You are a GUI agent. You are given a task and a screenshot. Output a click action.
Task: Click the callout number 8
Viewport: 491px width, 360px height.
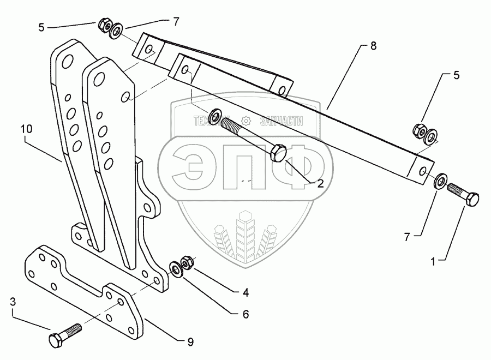[x=373, y=46]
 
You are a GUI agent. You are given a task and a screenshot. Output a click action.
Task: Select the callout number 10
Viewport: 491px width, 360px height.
[x=27, y=130]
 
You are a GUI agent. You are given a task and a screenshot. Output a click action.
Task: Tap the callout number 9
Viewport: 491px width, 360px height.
[x=190, y=342]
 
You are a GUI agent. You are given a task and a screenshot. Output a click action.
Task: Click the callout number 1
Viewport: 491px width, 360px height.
[x=434, y=262]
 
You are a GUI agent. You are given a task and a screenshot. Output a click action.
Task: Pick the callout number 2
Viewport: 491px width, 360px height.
[x=320, y=184]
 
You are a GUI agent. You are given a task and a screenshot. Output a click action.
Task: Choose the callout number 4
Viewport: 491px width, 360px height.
[x=246, y=293]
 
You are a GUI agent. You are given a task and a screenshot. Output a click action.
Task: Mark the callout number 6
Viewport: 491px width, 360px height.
[x=246, y=314]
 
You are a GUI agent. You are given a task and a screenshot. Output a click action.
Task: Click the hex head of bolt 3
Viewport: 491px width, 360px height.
[x=56, y=340]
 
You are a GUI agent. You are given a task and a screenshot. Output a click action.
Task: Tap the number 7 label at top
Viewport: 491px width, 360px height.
[x=176, y=22]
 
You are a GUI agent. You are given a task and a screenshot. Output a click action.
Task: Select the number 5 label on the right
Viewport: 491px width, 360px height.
[x=457, y=75]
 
